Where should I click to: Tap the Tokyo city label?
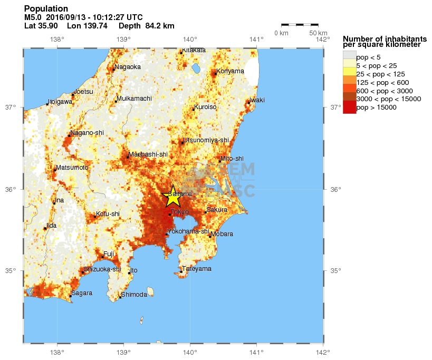point(179,212)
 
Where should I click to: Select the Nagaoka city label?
point(128,67)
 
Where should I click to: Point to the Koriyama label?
point(231,71)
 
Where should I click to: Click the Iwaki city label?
point(257,100)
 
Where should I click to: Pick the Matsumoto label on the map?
point(72,168)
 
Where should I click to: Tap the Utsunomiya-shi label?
point(206,140)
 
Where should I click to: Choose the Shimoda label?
point(134,295)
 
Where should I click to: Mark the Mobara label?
point(222,234)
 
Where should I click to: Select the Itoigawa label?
point(60,102)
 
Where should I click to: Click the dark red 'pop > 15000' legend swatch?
point(349,108)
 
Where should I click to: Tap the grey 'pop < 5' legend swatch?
point(349,57)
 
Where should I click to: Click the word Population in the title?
point(46,8)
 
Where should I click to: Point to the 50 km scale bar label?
point(319,33)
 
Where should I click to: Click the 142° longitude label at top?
point(322,39)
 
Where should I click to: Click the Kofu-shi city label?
point(108,213)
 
